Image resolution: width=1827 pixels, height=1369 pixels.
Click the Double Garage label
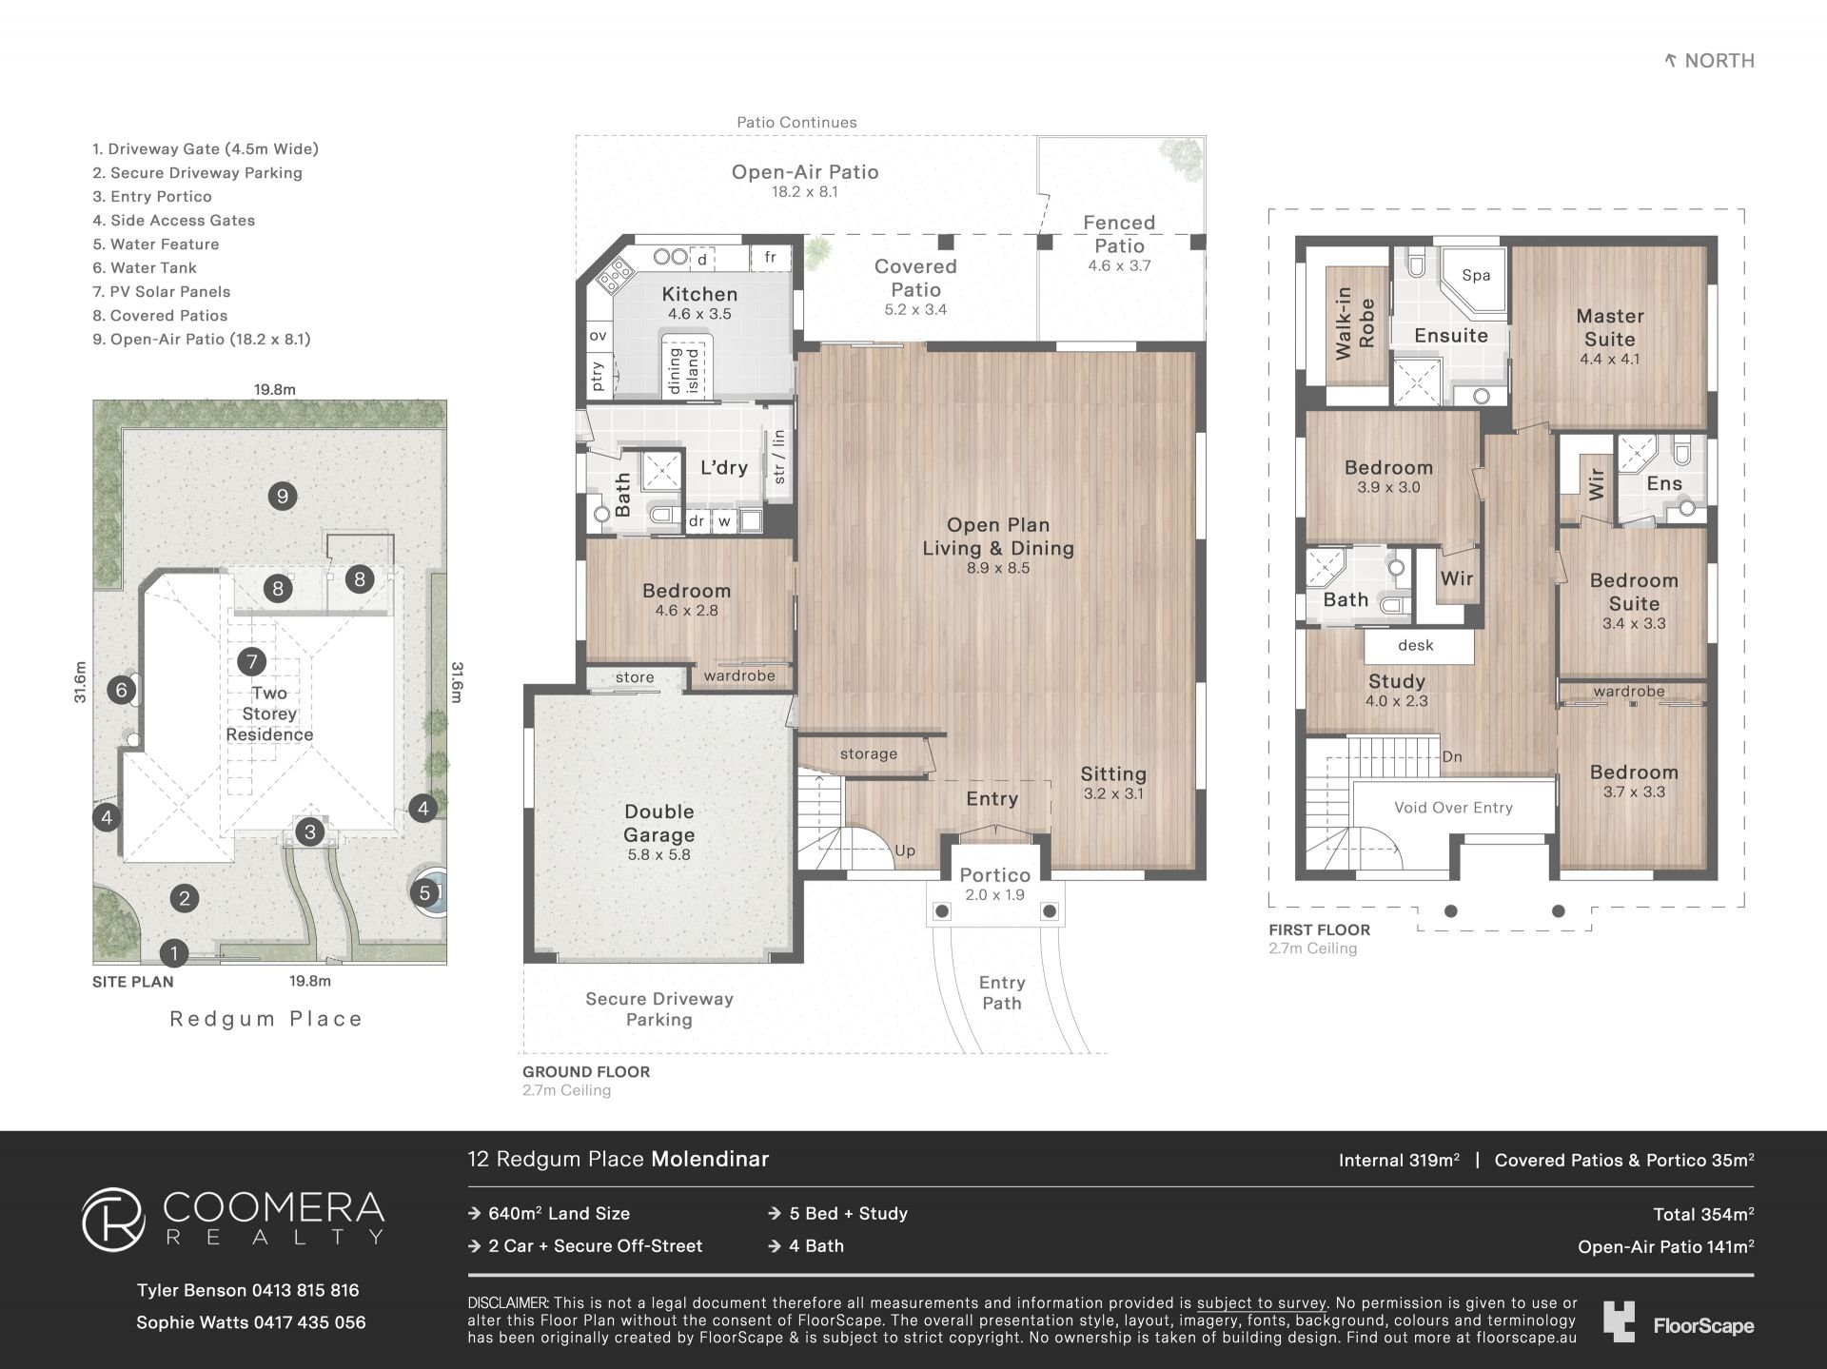tap(659, 823)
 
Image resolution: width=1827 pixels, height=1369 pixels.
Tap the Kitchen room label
tap(699, 295)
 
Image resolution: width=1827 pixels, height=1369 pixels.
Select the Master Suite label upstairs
tap(1610, 327)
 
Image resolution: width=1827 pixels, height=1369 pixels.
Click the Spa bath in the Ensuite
tap(1472, 280)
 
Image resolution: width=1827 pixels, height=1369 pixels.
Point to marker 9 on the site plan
tap(282, 496)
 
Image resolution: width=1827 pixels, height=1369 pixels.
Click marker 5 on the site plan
tap(425, 893)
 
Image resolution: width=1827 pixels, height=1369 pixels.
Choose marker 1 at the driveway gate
tap(173, 952)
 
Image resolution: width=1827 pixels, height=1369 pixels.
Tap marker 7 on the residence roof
tap(252, 661)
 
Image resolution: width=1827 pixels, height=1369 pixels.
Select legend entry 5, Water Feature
tap(156, 244)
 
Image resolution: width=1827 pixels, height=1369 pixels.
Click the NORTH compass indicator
tap(1709, 61)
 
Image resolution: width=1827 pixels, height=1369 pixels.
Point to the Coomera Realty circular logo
tap(113, 1219)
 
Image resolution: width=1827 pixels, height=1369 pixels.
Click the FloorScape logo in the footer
tap(1679, 1323)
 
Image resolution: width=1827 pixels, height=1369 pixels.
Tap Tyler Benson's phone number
tap(305, 1291)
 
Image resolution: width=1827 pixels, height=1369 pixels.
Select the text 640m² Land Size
tap(559, 1214)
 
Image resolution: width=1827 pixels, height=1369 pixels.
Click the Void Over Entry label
tap(1453, 808)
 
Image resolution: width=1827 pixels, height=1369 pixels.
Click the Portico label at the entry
tap(994, 875)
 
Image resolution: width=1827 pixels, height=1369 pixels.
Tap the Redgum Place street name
tap(266, 1019)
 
